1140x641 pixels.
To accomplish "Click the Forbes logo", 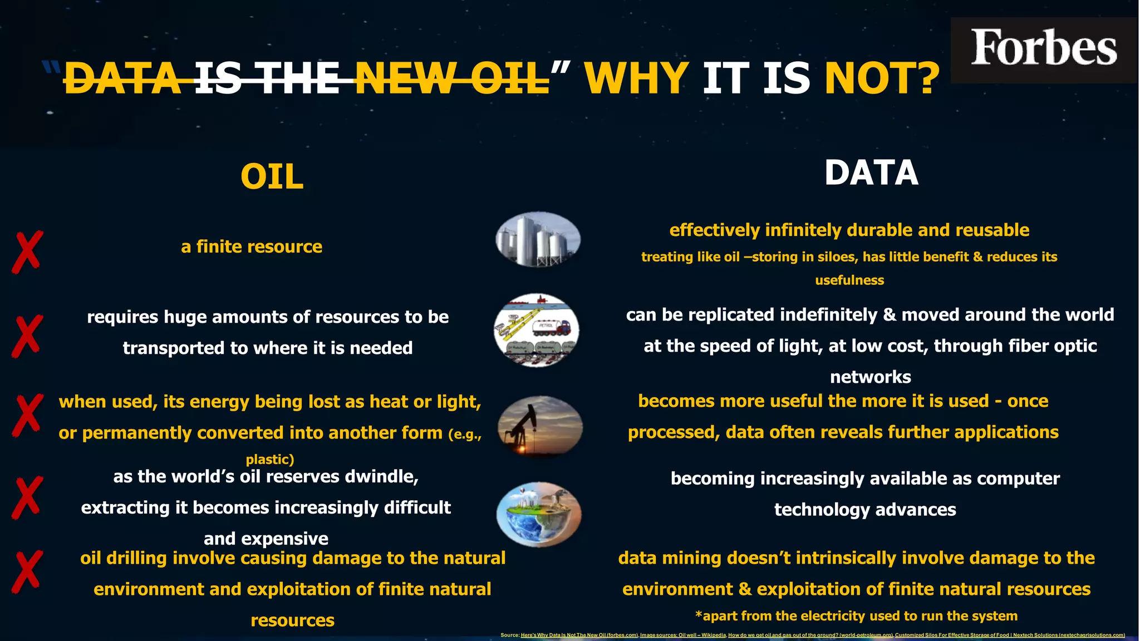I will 1043,49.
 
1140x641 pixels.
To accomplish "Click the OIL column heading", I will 272,177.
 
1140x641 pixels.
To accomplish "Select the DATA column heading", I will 871,173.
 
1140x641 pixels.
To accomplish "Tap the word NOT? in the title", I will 882,78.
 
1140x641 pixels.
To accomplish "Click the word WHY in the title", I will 637,78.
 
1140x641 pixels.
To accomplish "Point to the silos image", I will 538,239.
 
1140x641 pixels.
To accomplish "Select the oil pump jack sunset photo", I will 539,427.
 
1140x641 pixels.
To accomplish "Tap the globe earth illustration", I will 538,514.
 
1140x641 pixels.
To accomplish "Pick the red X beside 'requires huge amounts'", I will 27,336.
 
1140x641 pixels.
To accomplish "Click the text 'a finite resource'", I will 252,246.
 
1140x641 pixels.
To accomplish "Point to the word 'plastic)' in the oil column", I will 270,460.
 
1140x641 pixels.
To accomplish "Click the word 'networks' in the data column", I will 871,377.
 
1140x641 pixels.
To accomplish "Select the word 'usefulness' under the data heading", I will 849,280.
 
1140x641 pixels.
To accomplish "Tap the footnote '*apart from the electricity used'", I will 856,616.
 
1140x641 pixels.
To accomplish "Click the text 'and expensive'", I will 266,539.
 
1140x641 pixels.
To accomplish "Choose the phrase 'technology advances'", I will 865,510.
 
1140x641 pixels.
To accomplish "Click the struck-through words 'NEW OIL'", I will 451,78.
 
